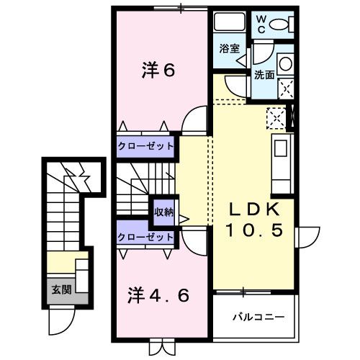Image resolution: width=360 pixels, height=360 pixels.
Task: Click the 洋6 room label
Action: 158,71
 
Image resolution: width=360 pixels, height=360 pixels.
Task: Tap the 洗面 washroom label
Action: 263,73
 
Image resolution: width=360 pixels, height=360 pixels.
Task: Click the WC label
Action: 261,24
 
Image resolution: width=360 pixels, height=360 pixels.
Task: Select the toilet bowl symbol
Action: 283,24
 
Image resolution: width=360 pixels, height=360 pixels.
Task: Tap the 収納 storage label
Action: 163,212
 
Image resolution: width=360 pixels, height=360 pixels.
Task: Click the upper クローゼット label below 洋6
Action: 146,147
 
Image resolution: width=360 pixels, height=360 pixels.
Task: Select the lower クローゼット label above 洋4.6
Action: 146,236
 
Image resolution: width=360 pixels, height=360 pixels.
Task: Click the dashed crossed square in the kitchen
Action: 275,116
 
